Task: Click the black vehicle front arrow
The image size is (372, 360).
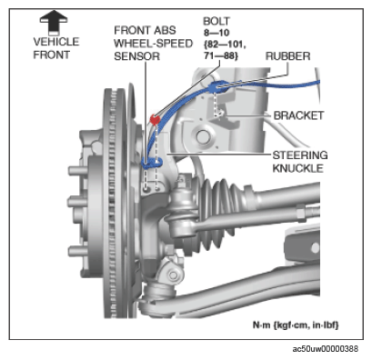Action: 54,23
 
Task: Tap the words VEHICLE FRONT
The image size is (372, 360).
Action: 56,48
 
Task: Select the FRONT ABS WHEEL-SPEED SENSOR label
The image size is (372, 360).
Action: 153,44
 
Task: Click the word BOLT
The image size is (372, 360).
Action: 216,21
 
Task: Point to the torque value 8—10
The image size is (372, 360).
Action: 216,33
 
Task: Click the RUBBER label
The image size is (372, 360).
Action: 287,56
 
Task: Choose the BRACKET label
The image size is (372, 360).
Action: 298,115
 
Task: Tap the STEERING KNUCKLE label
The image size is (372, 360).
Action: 300,162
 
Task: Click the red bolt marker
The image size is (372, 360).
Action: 155,119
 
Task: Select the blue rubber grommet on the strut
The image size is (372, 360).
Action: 218,86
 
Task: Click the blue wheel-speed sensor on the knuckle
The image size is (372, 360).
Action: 151,163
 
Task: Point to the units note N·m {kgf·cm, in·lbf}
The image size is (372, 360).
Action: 296,325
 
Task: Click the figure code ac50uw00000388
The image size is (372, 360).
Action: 326,349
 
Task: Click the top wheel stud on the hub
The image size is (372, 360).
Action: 78,171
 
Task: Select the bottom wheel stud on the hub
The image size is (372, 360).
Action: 78,252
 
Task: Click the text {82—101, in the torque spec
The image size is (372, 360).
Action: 225,45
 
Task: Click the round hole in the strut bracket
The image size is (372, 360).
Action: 202,136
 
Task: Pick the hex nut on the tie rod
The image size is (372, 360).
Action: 301,212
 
